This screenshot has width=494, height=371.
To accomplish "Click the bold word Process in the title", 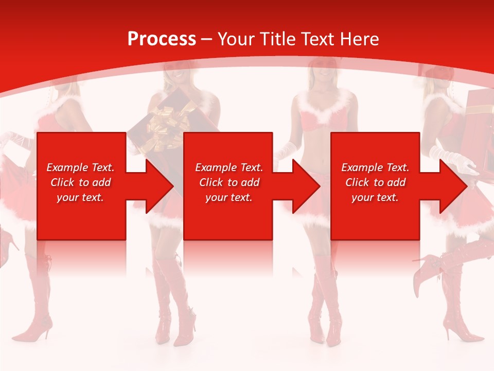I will point(162,39).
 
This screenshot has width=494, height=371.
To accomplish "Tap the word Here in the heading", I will point(359,39).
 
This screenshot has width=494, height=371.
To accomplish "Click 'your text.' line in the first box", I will point(80,197).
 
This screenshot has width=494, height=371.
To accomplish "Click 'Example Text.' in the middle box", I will point(229,167).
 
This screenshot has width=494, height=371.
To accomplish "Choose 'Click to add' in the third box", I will point(376,182).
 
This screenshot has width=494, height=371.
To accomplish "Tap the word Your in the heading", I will point(235,39).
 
